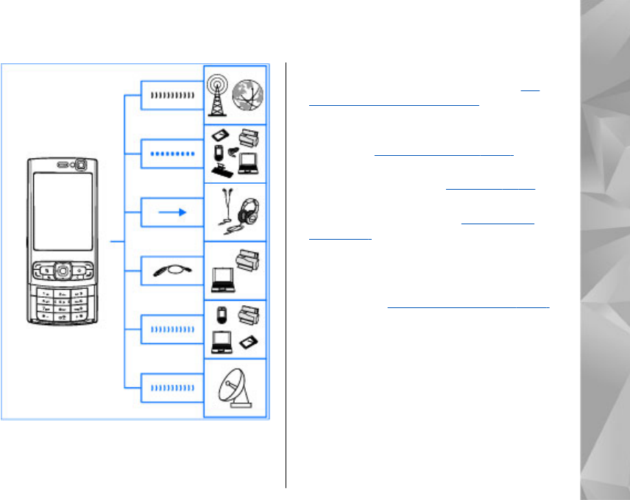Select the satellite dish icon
pyautogui.click(x=238, y=389)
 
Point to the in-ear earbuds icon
pyautogui.click(x=224, y=209)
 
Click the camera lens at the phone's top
pyautogui.click(x=80, y=164)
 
